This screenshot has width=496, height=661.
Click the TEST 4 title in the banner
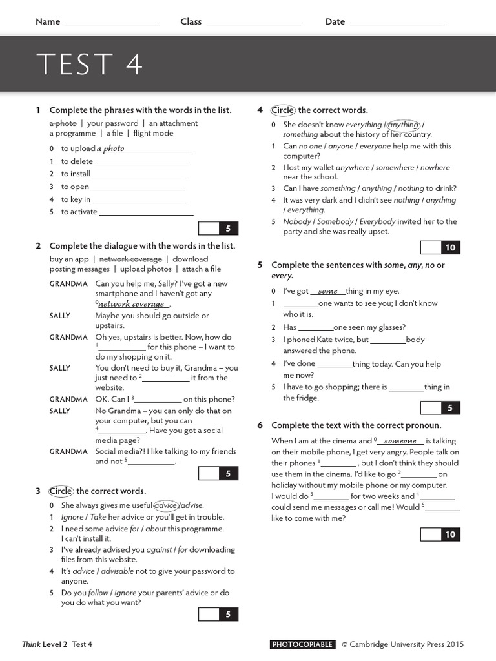pos(90,64)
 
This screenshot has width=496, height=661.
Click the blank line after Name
pos(112,23)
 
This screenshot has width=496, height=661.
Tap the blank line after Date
pos(397,23)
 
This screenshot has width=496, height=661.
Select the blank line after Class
pos(254,23)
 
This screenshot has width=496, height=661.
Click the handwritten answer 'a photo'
pos(110,148)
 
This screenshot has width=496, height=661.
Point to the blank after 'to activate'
pos(147,212)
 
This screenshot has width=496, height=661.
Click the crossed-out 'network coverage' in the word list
pos(130,259)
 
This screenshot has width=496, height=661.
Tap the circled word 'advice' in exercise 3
pos(166,505)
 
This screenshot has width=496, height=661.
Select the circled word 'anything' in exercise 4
pos(403,125)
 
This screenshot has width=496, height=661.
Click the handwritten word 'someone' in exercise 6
pos(400,441)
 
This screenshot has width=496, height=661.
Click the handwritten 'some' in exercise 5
pos(328,291)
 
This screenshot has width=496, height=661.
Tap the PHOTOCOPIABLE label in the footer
pos(303,644)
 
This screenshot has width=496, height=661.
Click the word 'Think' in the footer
pos(32,644)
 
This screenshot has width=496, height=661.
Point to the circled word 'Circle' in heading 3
pos(61,491)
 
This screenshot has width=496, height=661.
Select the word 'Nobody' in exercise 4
pos(297,221)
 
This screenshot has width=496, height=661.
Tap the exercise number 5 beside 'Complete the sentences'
pos(260,265)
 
